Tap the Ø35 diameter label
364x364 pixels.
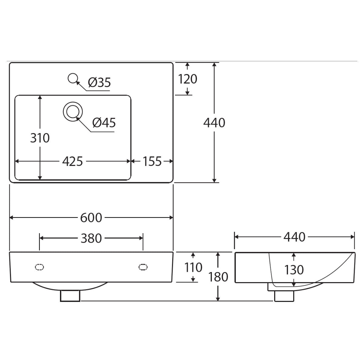(x=99, y=83)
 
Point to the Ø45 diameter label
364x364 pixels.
(x=104, y=123)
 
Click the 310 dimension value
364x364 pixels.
(x=40, y=138)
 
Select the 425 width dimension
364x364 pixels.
(x=72, y=161)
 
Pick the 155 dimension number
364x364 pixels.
(x=152, y=161)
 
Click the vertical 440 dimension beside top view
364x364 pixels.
(x=214, y=123)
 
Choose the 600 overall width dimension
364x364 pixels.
(x=91, y=218)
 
